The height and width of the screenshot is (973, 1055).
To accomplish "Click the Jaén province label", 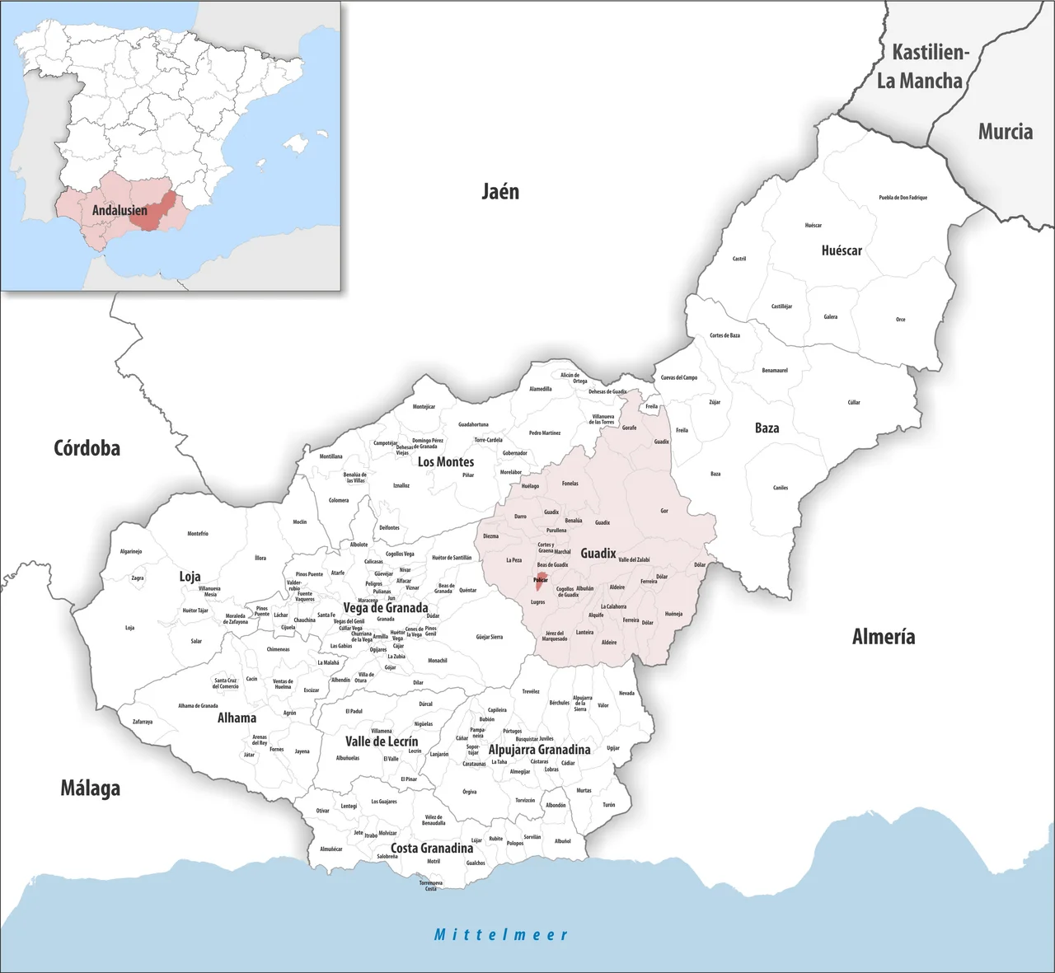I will [x=500, y=192].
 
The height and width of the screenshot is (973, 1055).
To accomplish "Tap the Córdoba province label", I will [x=87, y=448].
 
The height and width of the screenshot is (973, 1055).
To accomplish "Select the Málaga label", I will [x=91, y=788].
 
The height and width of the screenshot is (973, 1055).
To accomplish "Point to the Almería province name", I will [x=884, y=636].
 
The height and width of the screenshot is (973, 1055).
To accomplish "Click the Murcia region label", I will [x=1005, y=131].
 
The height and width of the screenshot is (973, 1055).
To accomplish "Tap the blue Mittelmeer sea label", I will [x=501, y=934].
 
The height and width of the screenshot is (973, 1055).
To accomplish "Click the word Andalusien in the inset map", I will [x=120, y=210].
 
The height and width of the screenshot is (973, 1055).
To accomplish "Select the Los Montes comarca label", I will [x=446, y=461].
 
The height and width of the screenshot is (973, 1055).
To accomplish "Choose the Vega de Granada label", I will [x=386, y=608].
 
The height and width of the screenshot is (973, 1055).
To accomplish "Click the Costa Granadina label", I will [x=432, y=848].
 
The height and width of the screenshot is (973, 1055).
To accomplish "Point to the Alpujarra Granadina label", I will [x=539, y=750].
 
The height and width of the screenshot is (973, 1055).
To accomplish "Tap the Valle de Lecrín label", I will [x=382, y=741].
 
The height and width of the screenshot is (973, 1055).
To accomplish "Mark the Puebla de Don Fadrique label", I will [x=903, y=198].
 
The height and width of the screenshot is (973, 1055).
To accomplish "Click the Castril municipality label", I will [x=739, y=259].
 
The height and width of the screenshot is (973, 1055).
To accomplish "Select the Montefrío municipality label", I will [x=198, y=533].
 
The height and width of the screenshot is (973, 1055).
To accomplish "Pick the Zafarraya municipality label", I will [x=143, y=722].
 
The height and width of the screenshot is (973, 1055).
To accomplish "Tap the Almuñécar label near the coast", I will [x=331, y=849].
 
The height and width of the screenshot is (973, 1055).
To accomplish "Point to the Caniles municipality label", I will [x=781, y=488].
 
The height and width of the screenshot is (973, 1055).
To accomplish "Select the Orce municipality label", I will [x=900, y=320].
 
